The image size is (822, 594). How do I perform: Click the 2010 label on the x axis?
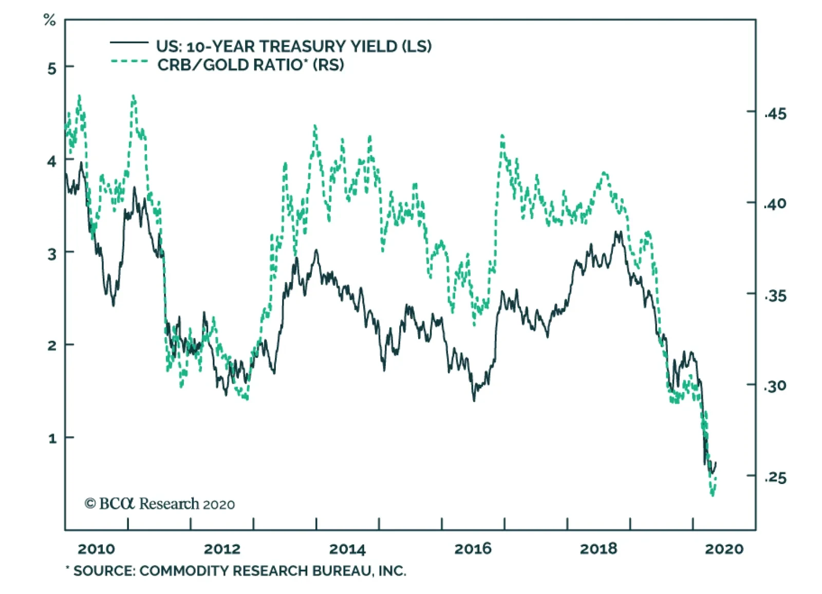click(x=96, y=549)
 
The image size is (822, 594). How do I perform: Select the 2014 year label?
click(x=347, y=549)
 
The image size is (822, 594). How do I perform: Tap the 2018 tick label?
click(x=599, y=549)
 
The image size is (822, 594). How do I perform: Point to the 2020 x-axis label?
click(x=724, y=549)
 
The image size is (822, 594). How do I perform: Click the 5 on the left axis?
click(x=52, y=68)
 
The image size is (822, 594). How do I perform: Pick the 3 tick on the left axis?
click(x=52, y=254)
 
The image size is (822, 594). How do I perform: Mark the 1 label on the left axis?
click(x=52, y=439)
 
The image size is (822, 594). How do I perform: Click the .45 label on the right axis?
click(x=776, y=114)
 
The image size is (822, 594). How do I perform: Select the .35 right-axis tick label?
click(x=776, y=296)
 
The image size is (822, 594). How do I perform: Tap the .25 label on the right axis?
click(x=776, y=478)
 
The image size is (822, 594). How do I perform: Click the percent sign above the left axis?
click(x=49, y=21)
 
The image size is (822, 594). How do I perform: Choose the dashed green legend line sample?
click(x=129, y=62)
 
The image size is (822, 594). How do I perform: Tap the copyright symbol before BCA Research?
click(x=90, y=504)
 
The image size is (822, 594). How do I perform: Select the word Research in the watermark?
click(x=169, y=504)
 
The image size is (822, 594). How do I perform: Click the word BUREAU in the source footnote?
click(x=340, y=571)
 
